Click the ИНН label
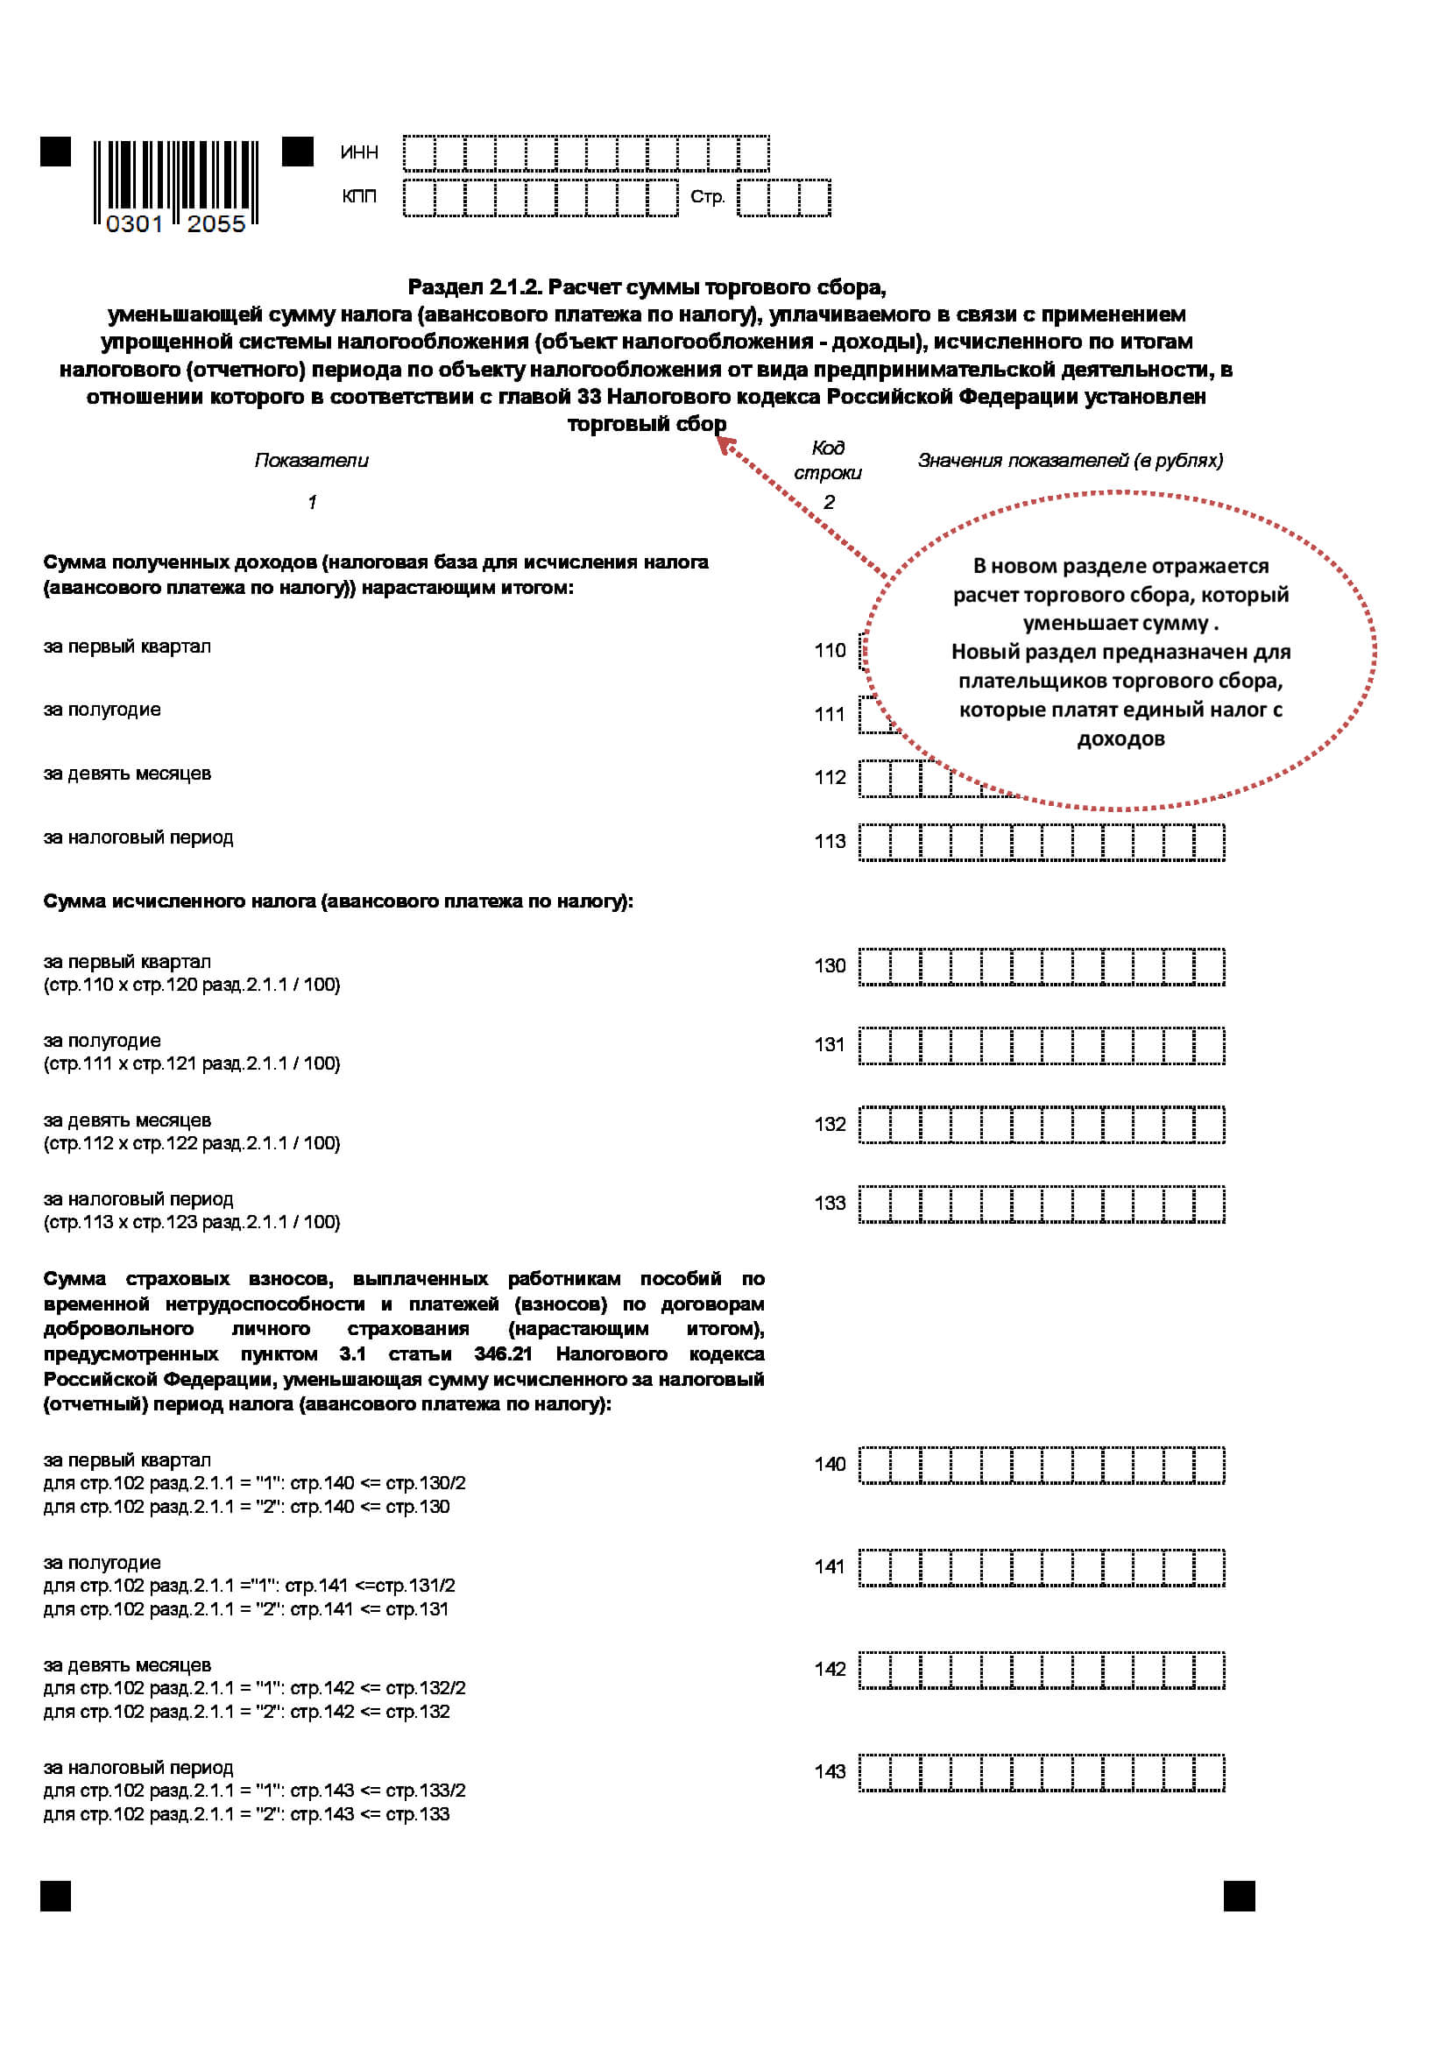[358, 152]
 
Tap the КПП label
[358, 196]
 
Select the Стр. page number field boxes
[783, 198]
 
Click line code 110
[829, 651]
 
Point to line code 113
[829, 842]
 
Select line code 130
[829, 965]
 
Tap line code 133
[829, 1203]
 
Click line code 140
[829, 1465]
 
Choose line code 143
[829, 1771]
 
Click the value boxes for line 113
[1042, 843]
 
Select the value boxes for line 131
[1042, 1046]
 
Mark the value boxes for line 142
[1042, 1671]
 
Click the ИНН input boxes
[585, 153]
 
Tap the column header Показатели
[311, 461]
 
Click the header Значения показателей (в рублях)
[1070, 461]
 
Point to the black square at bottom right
[1239, 1897]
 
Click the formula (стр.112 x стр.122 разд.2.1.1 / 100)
[192, 1143]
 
